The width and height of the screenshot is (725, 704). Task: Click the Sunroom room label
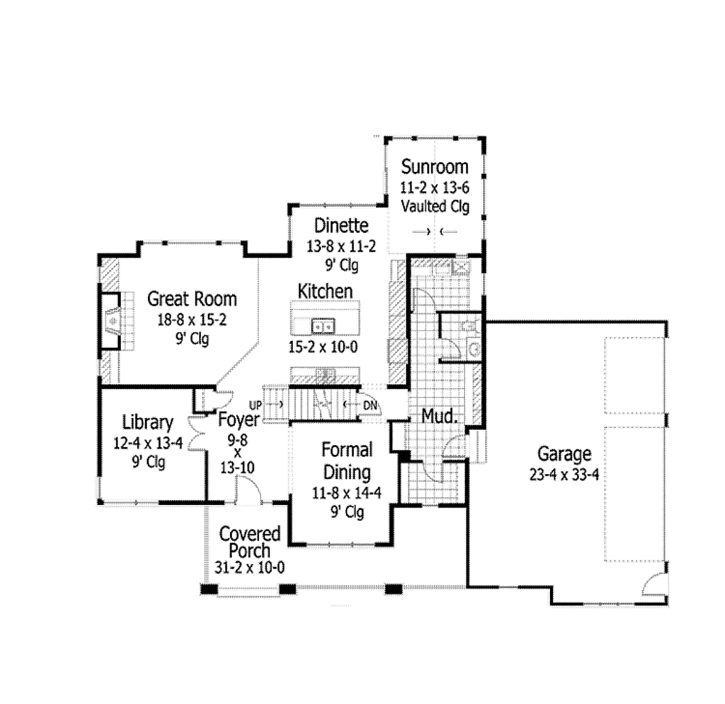(x=435, y=167)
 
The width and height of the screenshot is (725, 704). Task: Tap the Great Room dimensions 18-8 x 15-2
(x=192, y=319)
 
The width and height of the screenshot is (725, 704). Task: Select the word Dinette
(x=341, y=226)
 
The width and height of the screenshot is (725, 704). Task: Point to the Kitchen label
(x=325, y=291)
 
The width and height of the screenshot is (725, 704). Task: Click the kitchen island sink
(x=324, y=326)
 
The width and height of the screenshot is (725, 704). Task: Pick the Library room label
(x=147, y=422)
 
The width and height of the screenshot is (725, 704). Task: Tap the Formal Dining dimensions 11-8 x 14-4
(x=347, y=493)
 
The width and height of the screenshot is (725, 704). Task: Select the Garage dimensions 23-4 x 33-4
(x=564, y=474)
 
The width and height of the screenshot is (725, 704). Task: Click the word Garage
(x=564, y=454)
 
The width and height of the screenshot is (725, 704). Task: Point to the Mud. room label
(x=440, y=417)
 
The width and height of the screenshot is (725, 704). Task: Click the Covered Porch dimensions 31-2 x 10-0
(x=250, y=567)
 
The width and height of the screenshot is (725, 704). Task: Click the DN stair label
(x=370, y=405)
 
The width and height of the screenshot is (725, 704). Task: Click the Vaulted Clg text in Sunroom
(x=435, y=207)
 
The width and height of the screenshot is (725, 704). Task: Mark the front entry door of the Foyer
(x=248, y=490)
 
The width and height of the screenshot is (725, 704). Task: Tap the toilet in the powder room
(x=467, y=325)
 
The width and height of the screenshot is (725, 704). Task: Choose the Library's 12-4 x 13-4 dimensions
(x=147, y=444)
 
